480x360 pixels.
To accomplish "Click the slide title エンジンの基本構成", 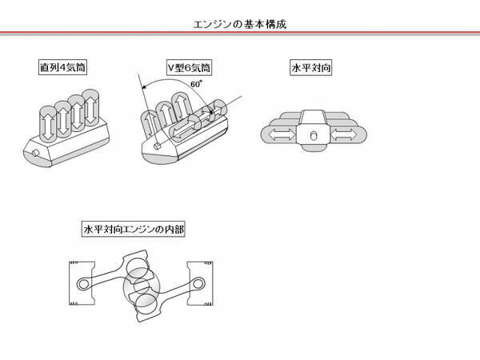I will coord(240,24).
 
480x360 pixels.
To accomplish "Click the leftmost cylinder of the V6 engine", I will coord(151,125).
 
